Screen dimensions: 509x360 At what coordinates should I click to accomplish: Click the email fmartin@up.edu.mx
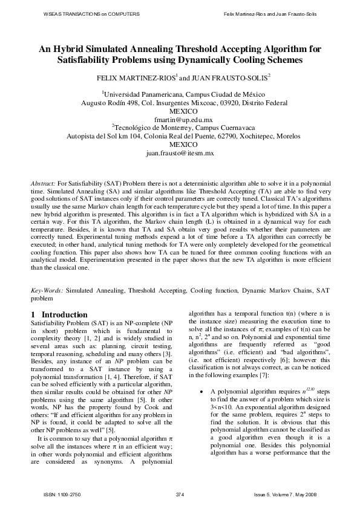[180, 120]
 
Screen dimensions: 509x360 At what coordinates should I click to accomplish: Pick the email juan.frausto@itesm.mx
[180, 154]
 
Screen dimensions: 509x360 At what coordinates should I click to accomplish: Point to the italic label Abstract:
[43, 182]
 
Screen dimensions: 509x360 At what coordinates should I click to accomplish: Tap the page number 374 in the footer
[179, 494]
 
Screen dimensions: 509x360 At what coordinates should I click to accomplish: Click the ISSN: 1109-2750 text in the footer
[67, 494]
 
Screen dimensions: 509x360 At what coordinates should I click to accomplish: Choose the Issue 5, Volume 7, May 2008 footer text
[284, 494]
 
